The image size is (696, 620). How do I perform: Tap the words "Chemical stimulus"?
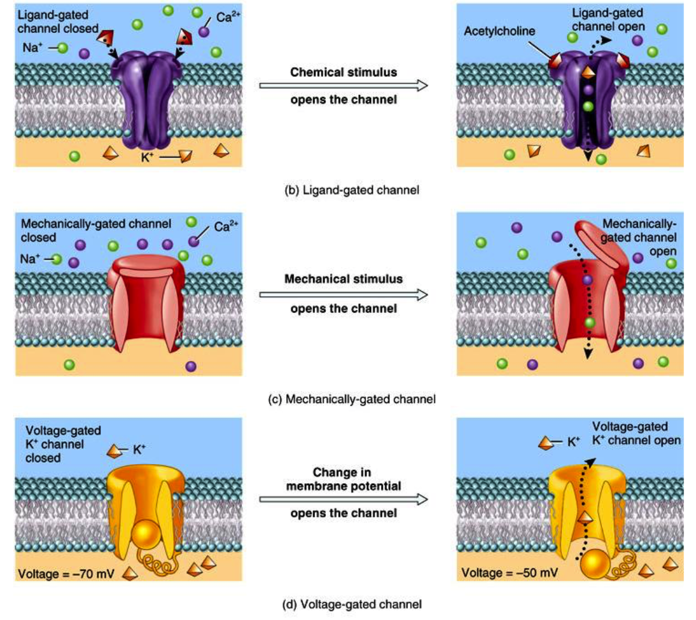point(343,72)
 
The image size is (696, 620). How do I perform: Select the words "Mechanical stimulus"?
point(343,279)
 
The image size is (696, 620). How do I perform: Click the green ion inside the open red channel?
point(590,323)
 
